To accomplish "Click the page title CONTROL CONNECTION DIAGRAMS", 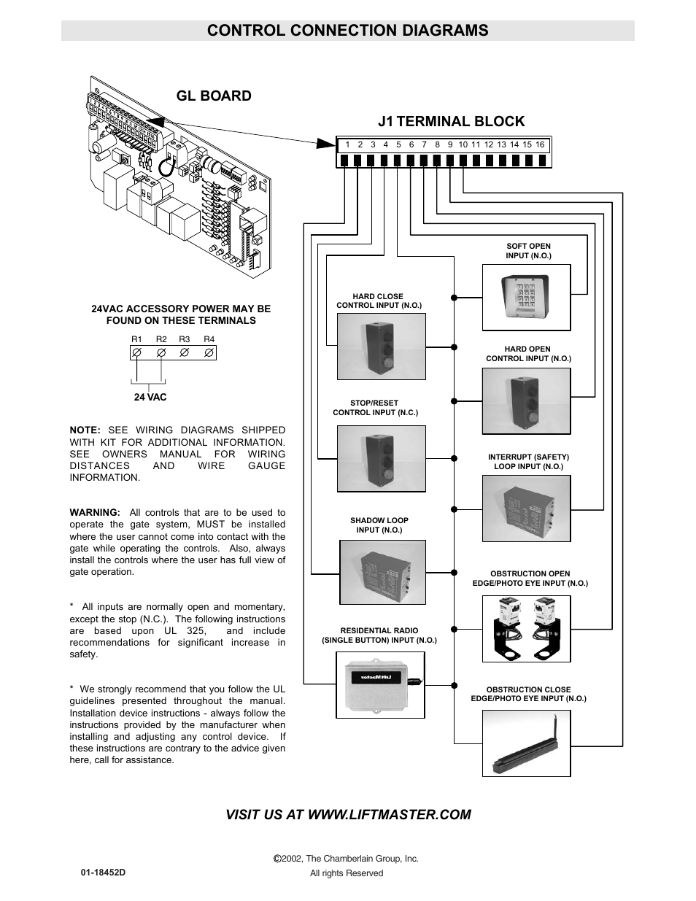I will coord(347,30).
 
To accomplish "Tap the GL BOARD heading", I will coord(214,96).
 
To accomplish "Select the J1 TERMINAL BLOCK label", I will coord(451,121).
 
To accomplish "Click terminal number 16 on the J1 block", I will coord(540,144).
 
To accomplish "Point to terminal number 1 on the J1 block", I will coord(348,144).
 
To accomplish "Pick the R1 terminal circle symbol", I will coord(136,352).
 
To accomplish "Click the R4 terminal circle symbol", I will coord(209,352).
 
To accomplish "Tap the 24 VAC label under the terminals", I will coord(150,397).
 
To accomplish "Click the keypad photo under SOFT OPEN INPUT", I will coord(525,297).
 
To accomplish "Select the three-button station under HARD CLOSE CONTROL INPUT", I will coord(381,346).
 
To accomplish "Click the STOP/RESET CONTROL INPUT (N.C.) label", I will coord(375,408).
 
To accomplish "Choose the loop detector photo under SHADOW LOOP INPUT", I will coord(382,572).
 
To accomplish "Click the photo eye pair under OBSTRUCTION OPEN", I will coord(527,627).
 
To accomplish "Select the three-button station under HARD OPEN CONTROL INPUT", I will coord(526,401).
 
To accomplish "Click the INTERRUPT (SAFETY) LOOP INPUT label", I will coord(528,462).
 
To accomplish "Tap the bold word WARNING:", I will coord(95,512).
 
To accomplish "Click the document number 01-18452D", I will coord(104,872).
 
